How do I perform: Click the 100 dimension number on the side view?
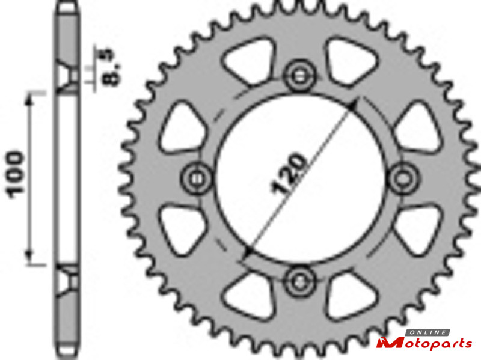[x=14, y=174]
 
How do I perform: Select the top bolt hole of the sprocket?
[x=299, y=76]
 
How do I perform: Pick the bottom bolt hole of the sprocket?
[x=299, y=282]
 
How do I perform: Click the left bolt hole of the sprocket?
[x=197, y=178]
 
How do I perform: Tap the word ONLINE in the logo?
[x=427, y=332]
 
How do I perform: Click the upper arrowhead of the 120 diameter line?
[x=352, y=105]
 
